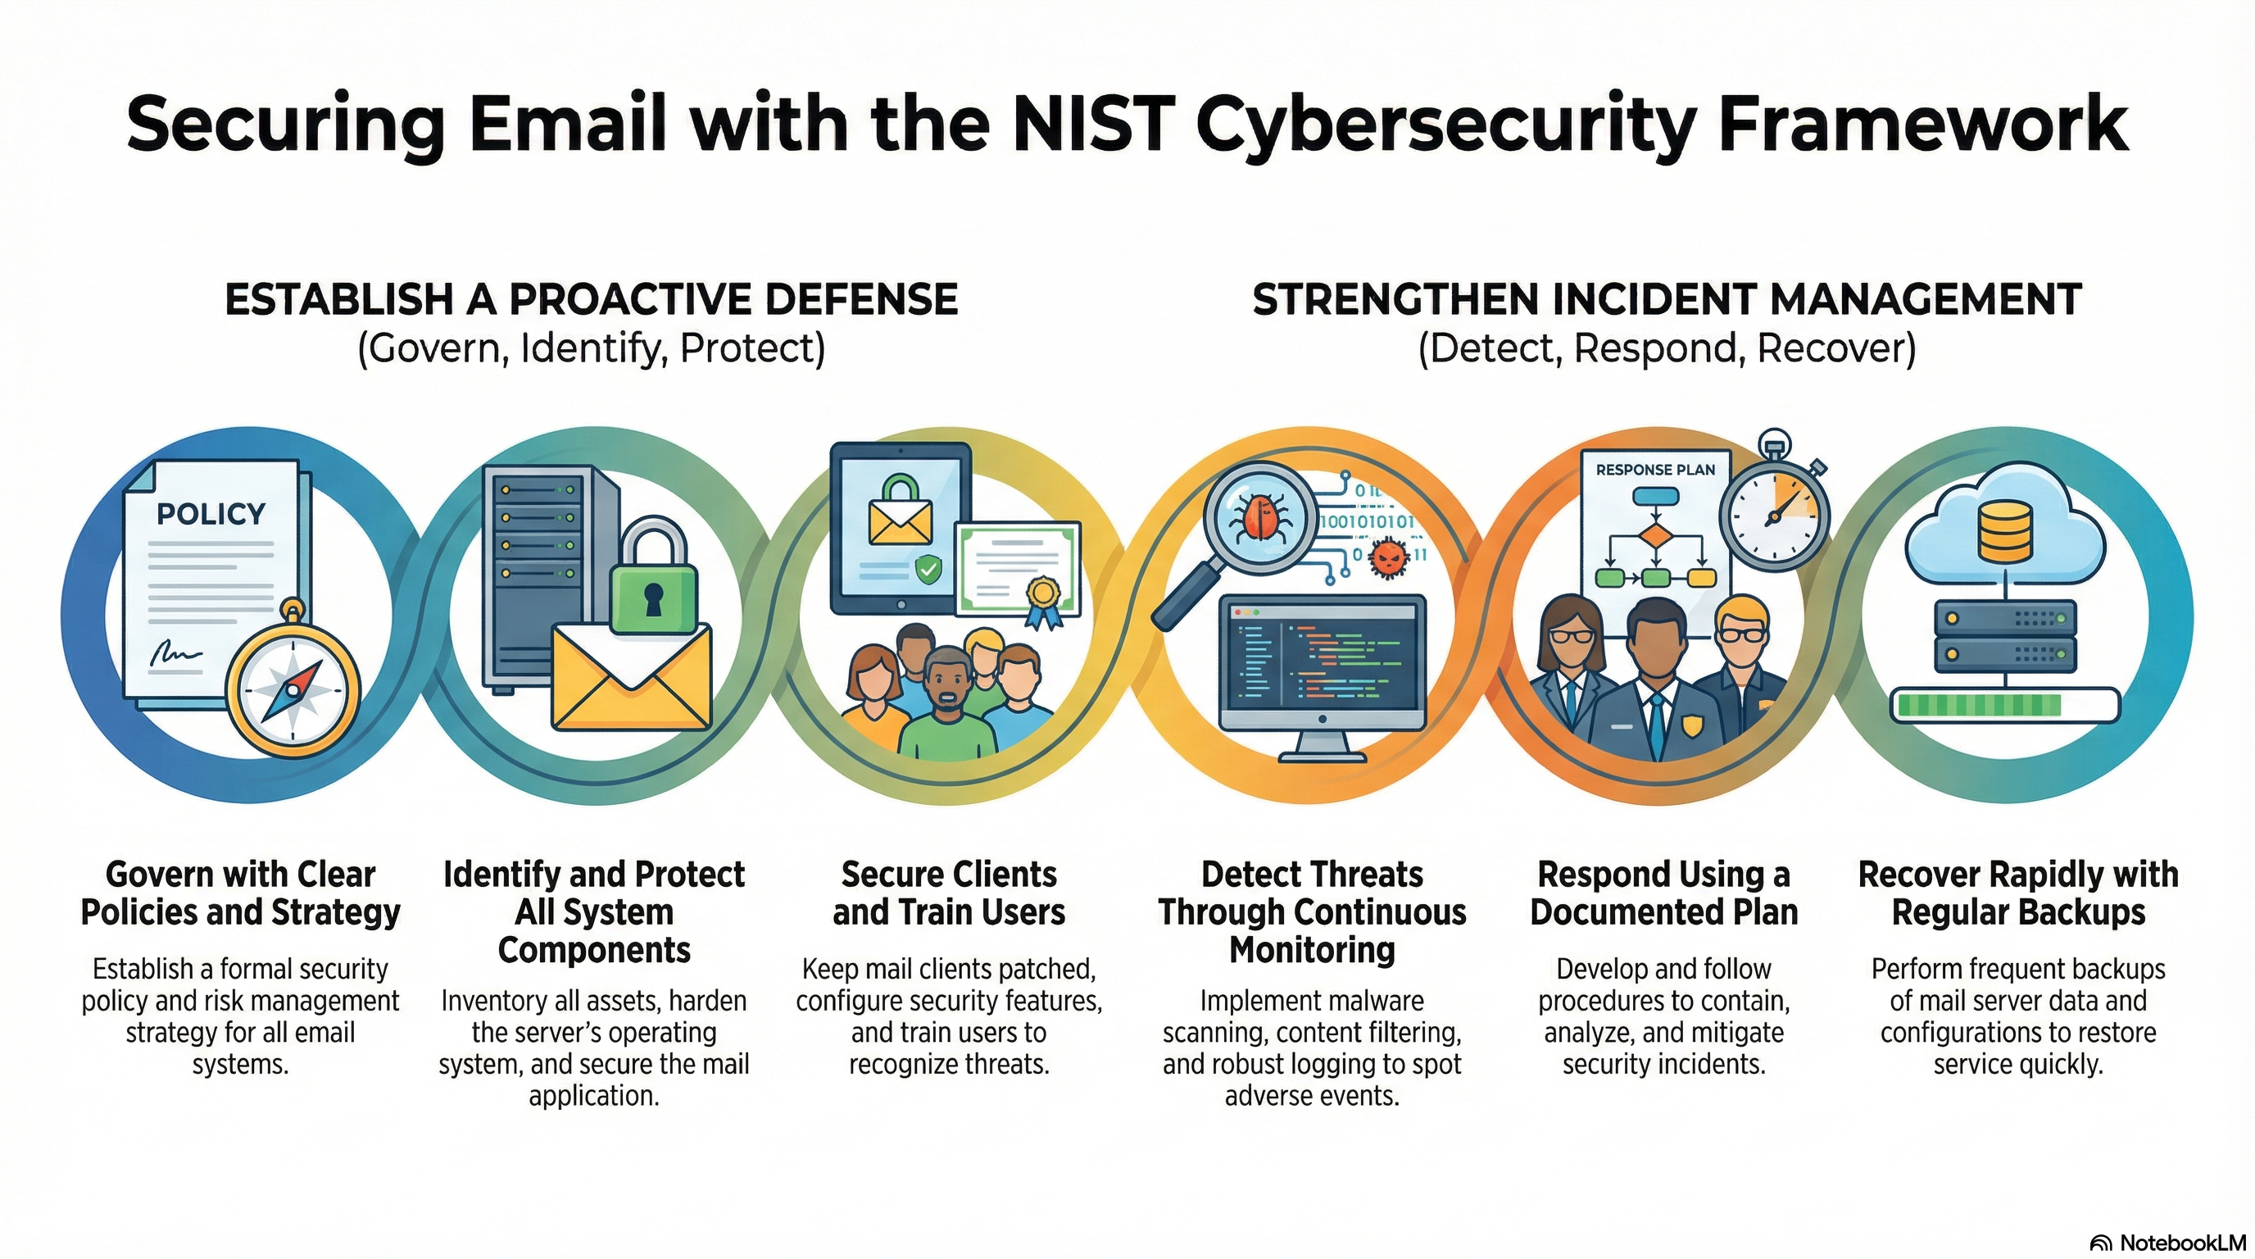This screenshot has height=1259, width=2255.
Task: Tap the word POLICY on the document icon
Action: pyautogui.click(x=210, y=514)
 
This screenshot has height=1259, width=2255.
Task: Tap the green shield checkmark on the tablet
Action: pyautogui.click(x=928, y=570)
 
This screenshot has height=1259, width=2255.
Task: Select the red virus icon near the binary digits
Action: pyautogui.click(x=1386, y=557)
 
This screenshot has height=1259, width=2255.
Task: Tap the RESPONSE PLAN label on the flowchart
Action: pyautogui.click(x=1655, y=470)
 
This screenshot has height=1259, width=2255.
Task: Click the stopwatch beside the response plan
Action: pyautogui.click(x=1774, y=514)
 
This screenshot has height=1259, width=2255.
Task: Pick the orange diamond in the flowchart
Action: pyautogui.click(x=1654, y=536)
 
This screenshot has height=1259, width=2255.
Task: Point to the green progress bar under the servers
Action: pyautogui.click(x=1976, y=706)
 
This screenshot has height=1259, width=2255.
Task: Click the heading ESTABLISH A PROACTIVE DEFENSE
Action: pyautogui.click(x=591, y=299)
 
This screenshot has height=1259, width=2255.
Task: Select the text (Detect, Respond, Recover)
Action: pyautogui.click(x=1667, y=348)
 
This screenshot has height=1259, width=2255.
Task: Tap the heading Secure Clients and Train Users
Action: pyautogui.click(x=949, y=893)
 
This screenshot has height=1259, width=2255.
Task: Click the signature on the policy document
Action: pyautogui.click(x=175, y=653)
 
